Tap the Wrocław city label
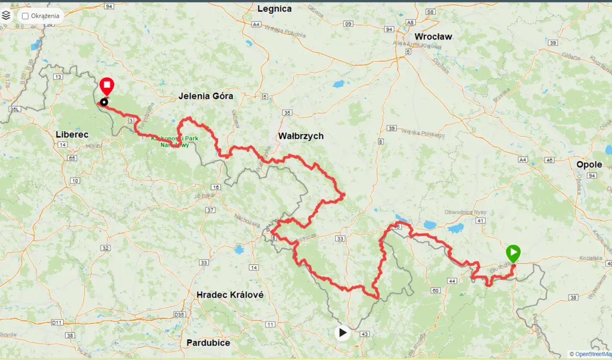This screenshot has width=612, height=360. click(x=433, y=36)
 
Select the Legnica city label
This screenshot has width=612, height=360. click(x=274, y=9)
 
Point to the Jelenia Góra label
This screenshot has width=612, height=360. click(x=206, y=96)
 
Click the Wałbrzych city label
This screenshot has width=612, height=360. click(x=301, y=136)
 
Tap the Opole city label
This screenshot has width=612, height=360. click(x=589, y=164)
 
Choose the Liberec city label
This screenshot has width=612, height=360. click(x=72, y=134)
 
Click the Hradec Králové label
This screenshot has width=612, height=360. click(x=230, y=295)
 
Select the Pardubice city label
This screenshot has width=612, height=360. click(x=208, y=343)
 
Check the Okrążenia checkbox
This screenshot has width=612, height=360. click(x=25, y=16)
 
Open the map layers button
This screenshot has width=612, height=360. click(x=6, y=15)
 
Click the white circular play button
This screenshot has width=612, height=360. click(x=342, y=332)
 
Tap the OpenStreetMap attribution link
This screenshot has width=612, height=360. click(x=593, y=354)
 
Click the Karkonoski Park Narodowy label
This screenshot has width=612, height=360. click(x=175, y=142)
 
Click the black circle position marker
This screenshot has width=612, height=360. click(x=104, y=101)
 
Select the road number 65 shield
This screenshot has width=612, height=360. click(x=72, y=158)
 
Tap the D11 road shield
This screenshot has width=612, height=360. click(x=57, y=323)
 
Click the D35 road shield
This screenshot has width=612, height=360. click(x=179, y=314)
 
